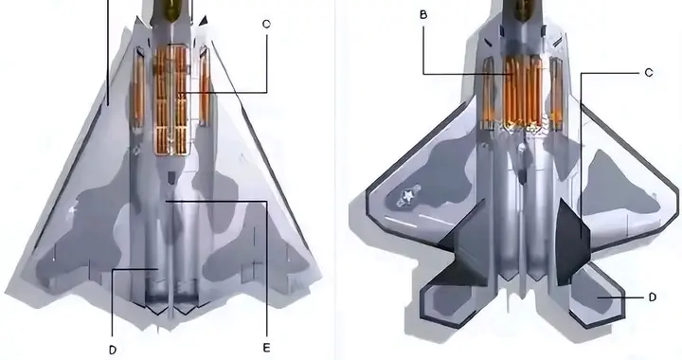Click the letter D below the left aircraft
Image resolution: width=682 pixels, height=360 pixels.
tap(113, 350)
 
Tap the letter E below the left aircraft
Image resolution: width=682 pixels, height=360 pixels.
tap(266, 348)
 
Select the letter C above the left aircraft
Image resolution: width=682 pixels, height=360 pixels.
tap(266, 25)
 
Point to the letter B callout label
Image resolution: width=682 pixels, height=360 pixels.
tap(423, 15)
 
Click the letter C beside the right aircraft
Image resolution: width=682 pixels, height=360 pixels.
tap(649, 73)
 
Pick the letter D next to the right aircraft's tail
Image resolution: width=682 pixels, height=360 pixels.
tap(652, 297)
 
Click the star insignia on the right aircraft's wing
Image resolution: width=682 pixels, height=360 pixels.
tap(408, 196)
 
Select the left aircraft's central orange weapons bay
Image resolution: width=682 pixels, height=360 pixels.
tap(172, 99)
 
